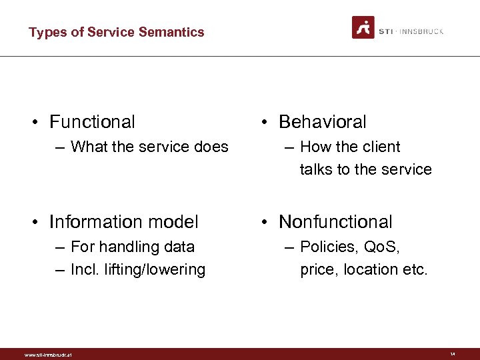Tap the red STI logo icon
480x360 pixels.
(x=363, y=27)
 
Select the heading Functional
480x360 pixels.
(x=92, y=122)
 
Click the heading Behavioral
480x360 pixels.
(x=323, y=122)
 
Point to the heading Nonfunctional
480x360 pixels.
(x=335, y=222)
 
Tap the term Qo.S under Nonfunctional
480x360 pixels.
(x=382, y=247)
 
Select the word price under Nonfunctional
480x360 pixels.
(x=317, y=269)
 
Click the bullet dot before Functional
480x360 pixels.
(x=33, y=123)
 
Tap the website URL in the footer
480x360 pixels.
(x=47, y=354)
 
